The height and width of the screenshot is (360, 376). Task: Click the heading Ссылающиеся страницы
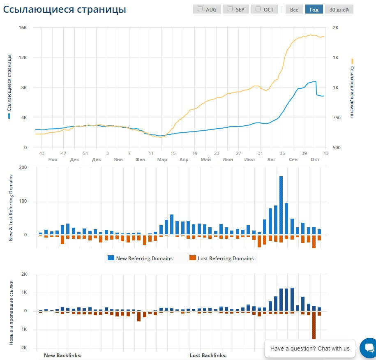click(x=65, y=9)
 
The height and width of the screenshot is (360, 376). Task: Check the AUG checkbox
click(x=200, y=9)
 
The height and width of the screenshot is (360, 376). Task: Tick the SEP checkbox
click(x=230, y=9)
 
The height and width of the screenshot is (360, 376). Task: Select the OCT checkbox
click(x=258, y=9)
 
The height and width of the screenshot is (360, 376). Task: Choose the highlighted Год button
click(x=314, y=9)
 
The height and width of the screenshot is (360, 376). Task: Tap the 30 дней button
click(x=339, y=9)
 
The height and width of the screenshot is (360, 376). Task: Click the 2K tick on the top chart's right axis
click(x=335, y=28)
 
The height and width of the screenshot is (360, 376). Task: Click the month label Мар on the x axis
click(x=162, y=159)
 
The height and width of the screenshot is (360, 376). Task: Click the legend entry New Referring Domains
click(x=144, y=258)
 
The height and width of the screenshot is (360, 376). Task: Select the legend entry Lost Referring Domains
click(x=226, y=258)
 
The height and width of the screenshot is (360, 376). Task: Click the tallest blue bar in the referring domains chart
click(x=281, y=205)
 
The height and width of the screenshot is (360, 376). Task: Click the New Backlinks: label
click(x=62, y=355)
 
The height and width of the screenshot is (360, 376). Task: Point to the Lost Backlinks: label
click(x=208, y=355)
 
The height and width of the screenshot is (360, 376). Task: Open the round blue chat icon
click(x=367, y=348)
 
